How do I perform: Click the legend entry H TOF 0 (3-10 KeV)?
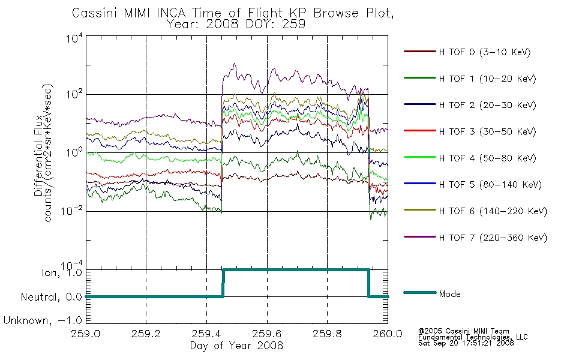click(x=485, y=52)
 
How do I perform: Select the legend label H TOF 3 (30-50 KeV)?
click(x=487, y=131)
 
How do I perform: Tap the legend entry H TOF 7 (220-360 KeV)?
click(x=493, y=238)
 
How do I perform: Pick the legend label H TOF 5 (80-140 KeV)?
click(x=490, y=185)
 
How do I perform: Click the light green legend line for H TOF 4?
click(x=420, y=157)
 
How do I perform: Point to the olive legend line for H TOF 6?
click(x=420, y=210)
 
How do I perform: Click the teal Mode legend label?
click(x=449, y=294)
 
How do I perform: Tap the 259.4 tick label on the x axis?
click(x=206, y=334)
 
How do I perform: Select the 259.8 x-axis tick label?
click(x=327, y=334)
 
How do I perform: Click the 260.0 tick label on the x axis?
click(x=388, y=334)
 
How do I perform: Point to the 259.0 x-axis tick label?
click(x=86, y=334)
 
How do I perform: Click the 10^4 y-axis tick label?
click(x=74, y=38)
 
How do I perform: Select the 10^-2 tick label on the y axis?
click(x=72, y=211)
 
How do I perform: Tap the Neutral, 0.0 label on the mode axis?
click(x=51, y=297)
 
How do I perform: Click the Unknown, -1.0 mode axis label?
click(x=43, y=320)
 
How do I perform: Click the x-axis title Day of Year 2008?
click(x=236, y=346)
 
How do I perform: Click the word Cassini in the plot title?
click(x=95, y=13)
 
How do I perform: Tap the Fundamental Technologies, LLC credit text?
click(x=473, y=337)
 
